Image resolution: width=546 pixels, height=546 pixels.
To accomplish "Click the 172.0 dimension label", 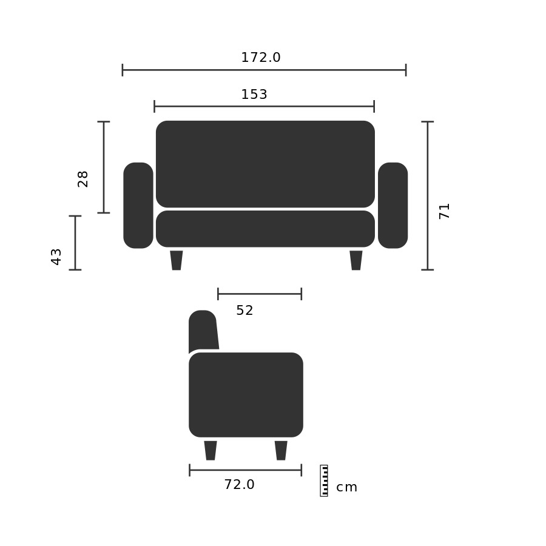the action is [x=261, y=58].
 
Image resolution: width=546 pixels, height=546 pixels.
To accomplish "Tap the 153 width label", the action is [x=254, y=95].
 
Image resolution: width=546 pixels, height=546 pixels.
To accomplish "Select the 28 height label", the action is [x=83, y=180].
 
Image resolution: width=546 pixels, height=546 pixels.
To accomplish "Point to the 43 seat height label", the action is [x=56, y=257].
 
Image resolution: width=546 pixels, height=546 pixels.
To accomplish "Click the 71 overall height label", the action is [x=444, y=211].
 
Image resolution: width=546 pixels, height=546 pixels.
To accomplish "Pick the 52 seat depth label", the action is [x=244, y=310].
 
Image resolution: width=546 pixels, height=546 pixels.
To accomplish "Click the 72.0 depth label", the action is [x=239, y=484].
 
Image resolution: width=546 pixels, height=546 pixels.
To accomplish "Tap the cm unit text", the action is [x=347, y=488].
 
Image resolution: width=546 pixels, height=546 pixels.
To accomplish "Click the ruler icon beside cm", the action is [x=324, y=480].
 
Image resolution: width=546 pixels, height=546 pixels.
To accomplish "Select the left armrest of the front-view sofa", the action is [x=138, y=206].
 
